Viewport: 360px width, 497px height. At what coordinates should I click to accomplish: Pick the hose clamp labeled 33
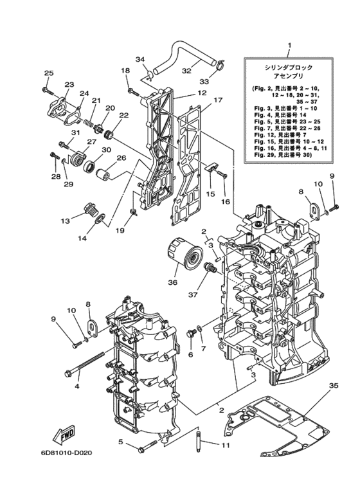[x=222, y=64]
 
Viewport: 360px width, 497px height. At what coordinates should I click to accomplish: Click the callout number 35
[x=334, y=385]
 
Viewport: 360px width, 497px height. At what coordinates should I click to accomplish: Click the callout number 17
[x=218, y=100]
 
